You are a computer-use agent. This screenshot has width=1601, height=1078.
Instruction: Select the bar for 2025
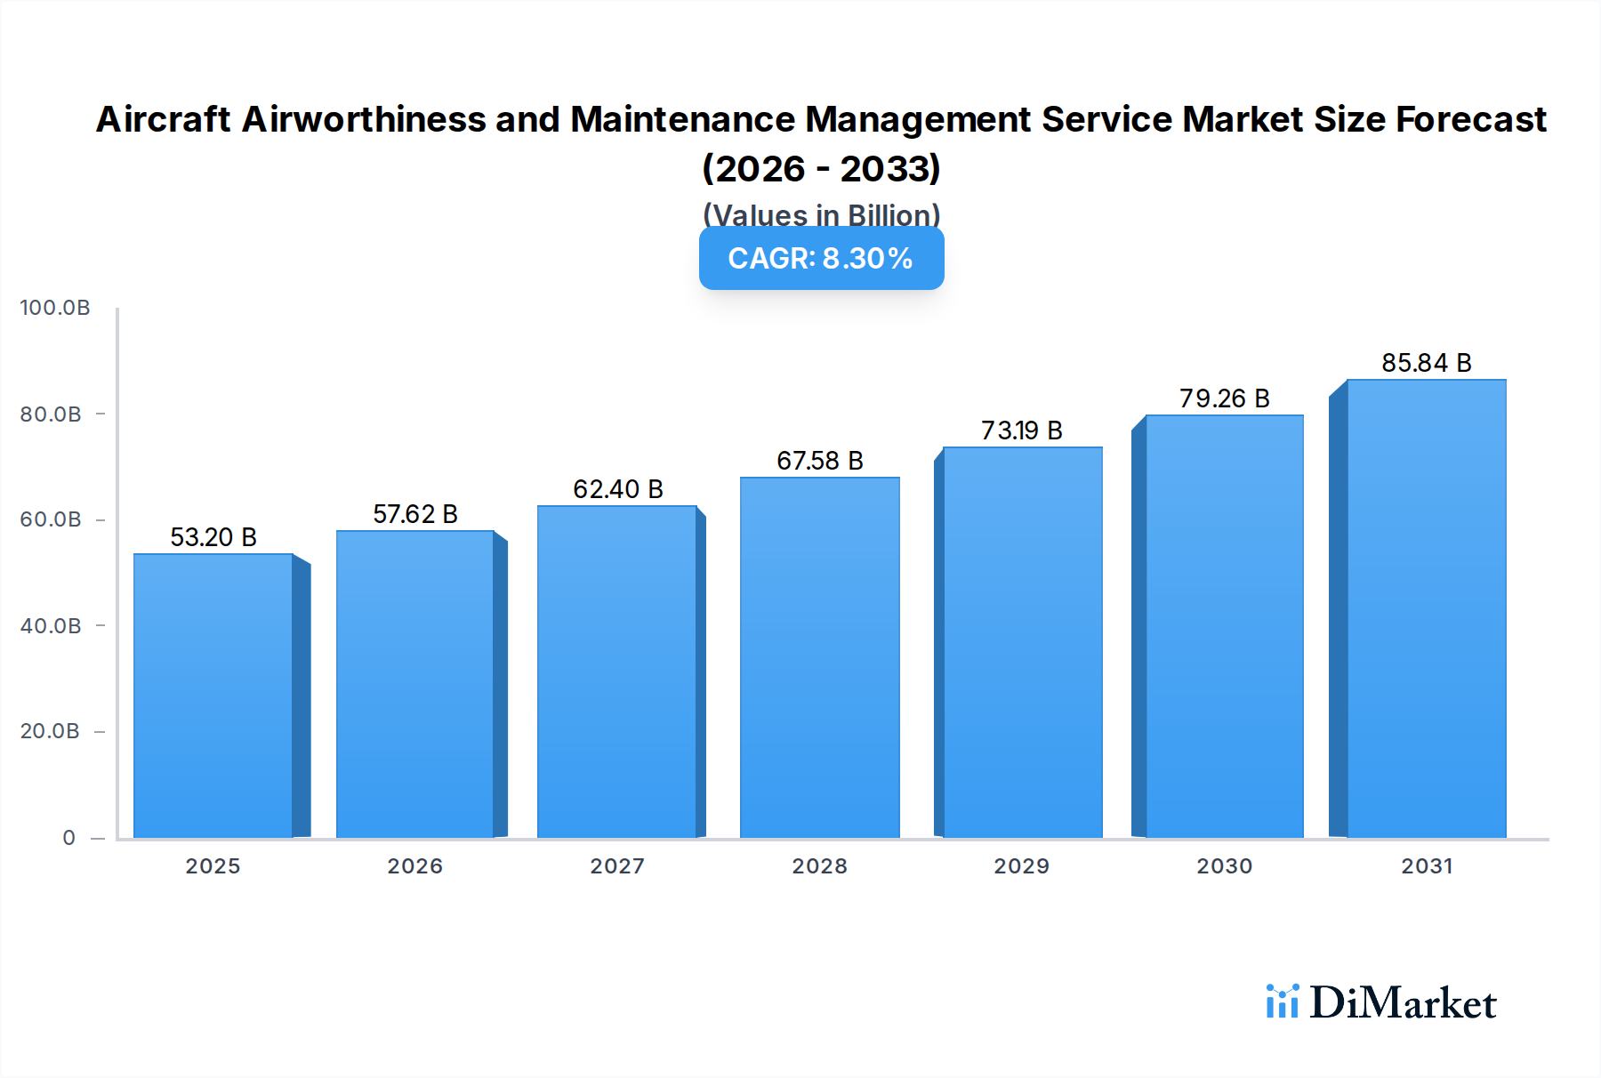[213, 696]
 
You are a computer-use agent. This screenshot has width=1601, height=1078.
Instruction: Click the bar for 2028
[819, 657]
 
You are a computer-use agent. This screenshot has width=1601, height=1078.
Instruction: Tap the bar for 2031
[1426, 608]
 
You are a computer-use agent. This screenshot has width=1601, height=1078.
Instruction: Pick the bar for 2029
[1022, 642]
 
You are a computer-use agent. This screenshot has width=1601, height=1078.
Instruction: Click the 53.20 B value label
[213, 537]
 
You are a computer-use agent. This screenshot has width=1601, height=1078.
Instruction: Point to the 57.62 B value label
[415, 514]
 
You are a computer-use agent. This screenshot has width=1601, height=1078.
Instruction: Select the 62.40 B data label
[618, 489]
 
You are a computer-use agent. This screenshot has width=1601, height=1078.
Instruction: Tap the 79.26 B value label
[1224, 398]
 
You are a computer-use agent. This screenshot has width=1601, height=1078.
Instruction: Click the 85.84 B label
[1426, 363]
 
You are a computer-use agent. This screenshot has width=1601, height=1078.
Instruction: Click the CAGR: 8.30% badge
[821, 258]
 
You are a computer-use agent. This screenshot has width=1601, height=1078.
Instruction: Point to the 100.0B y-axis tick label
[55, 308]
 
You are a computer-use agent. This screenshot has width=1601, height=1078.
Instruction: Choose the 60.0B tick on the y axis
[51, 519]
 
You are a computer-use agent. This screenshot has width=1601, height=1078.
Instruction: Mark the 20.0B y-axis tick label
[50, 731]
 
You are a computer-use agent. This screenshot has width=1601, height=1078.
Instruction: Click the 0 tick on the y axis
[68, 838]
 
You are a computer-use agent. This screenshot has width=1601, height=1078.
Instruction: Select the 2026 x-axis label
[415, 866]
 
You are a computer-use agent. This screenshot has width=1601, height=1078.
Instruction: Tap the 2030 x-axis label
[1224, 866]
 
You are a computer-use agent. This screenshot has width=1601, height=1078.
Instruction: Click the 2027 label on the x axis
[617, 866]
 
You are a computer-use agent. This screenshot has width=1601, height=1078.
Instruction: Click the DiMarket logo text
[1403, 1003]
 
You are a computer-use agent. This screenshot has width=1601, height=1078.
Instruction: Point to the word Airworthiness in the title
[363, 119]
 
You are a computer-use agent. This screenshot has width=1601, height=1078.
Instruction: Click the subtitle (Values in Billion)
[821, 215]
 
